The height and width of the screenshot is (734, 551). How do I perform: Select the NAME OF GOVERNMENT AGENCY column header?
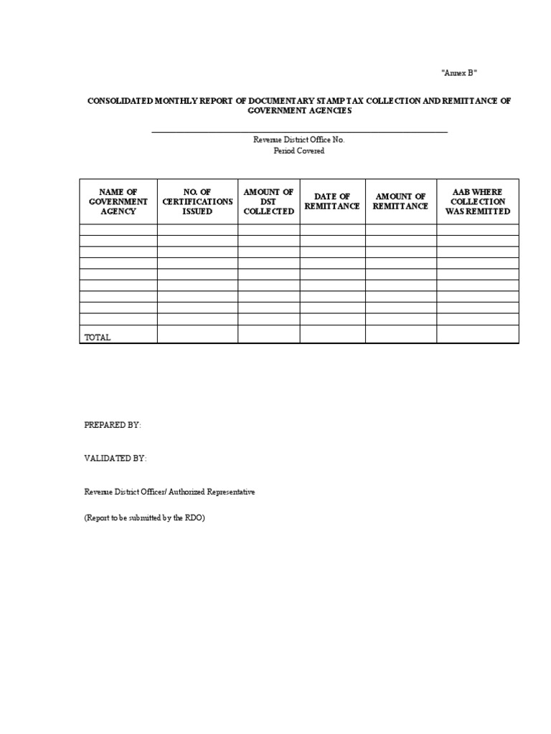coord(118,201)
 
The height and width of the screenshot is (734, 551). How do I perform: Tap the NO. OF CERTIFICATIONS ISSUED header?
coord(197,201)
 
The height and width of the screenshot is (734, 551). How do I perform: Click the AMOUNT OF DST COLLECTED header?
coord(269,201)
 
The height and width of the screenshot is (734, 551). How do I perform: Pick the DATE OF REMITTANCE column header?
coord(332,201)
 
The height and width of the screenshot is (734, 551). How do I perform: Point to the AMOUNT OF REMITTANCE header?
coord(400,201)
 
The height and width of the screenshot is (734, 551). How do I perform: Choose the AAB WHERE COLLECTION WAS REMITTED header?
coord(477,201)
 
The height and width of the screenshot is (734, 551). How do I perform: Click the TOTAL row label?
coord(98,337)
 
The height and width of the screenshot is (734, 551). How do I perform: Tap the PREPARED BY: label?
coord(113,425)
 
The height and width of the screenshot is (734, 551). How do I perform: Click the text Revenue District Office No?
coord(298,140)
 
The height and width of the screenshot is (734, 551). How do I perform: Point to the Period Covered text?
coord(298,151)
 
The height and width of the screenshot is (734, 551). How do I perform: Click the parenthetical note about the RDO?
coord(144,518)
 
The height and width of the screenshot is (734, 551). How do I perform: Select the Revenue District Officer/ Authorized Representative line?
coord(169,492)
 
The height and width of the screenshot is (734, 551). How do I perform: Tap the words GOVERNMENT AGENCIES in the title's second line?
coord(299,111)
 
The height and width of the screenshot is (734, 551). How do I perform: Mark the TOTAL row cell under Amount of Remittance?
coord(400,334)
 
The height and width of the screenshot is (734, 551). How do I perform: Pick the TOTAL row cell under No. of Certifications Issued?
coord(197,334)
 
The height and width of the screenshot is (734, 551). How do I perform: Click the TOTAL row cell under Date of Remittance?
coord(332,334)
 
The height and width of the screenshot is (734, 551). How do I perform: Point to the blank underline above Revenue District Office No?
coord(299,132)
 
